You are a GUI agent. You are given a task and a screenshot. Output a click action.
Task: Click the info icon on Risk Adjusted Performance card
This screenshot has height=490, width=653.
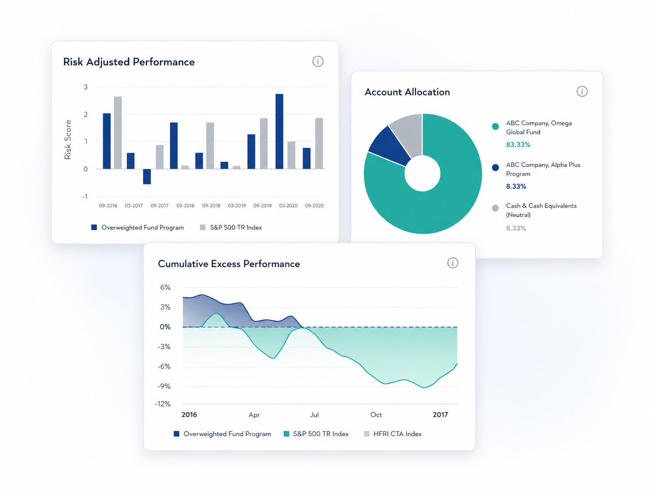click(318, 61)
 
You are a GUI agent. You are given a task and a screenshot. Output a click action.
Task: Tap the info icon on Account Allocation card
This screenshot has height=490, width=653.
click(582, 91)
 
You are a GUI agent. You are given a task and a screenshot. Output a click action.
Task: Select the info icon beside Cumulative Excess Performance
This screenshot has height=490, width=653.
click(453, 263)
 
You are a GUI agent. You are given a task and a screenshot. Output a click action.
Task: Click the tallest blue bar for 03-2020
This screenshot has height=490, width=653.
click(279, 131)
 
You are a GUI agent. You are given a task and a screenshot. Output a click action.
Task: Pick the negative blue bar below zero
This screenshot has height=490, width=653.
click(147, 177)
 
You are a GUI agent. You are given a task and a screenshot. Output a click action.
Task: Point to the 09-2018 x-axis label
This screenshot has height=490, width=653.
click(211, 206)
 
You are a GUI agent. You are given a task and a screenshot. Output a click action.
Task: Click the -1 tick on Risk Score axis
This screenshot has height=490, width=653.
click(85, 196)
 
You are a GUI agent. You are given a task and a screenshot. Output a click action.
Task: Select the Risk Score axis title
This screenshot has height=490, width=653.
click(68, 139)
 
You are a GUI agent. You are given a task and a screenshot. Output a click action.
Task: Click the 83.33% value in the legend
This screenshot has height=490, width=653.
click(518, 144)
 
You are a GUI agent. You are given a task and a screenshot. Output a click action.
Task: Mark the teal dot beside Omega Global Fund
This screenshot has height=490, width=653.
click(495, 126)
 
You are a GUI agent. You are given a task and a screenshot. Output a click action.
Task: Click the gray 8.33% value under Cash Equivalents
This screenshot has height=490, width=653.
click(516, 228)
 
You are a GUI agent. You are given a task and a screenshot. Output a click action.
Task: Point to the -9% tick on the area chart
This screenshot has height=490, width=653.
click(164, 386)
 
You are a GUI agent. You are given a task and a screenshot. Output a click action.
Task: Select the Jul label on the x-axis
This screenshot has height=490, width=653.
click(314, 415)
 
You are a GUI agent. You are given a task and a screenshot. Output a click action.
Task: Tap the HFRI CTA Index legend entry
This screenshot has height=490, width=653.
click(393, 434)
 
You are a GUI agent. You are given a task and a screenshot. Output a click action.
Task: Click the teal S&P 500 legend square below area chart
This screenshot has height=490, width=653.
click(286, 434)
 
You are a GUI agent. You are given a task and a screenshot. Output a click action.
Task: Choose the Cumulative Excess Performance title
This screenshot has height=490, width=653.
click(229, 264)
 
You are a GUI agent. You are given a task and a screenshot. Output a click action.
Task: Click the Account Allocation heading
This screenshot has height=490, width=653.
click(407, 92)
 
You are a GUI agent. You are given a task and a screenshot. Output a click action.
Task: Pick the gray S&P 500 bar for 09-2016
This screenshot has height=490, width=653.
click(118, 133)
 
